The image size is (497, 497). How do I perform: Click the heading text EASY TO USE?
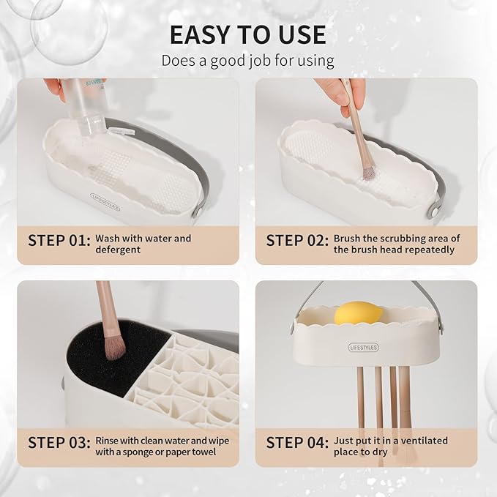click(x=248, y=34)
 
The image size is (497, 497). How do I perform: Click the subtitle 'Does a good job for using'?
click(x=248, y=60)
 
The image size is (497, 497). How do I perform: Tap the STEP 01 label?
click(x=59, y=239)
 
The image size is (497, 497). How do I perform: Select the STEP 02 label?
click(x=296, y=239)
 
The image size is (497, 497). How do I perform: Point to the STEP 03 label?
click(x=59, y=442)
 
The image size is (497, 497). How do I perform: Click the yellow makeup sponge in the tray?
click(x=356, y=313)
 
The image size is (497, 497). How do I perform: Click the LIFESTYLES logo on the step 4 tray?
click(x=363, y=347)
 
